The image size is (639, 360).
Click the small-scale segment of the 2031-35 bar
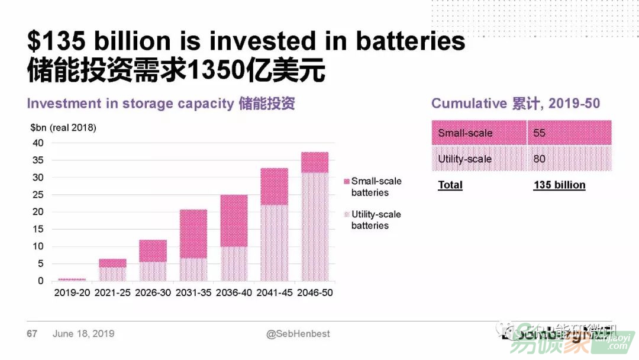pos(193,233)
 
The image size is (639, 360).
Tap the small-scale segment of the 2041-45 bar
pos(274,186)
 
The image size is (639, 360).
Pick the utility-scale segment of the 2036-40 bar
pos(234,263)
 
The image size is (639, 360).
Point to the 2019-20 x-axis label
pos(72,292)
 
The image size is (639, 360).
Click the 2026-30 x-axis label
pos(153,292)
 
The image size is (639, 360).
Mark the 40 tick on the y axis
pos(38,143)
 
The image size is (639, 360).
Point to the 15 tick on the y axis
pos(38,229)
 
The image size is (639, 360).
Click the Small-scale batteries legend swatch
pos(346,181)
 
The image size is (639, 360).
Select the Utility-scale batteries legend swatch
pos(346,214)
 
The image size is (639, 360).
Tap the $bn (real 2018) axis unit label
pos(63,128)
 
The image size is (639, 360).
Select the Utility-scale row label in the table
pos(465,159)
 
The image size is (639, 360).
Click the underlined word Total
pos(450,185)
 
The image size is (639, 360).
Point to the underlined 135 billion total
pos(559,185)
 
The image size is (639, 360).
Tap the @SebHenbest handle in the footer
pos(298,334)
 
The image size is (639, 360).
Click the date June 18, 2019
pos(83,334)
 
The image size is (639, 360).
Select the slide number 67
pos(32,334)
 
